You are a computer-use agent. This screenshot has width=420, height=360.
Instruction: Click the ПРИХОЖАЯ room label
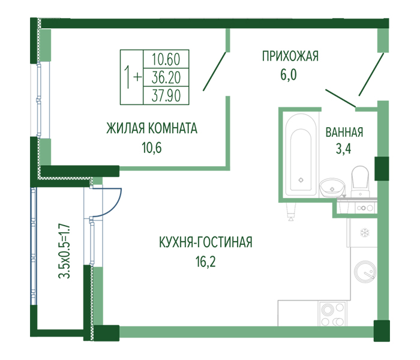point(290,56)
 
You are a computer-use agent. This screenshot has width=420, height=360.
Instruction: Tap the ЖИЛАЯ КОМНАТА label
point(152,128)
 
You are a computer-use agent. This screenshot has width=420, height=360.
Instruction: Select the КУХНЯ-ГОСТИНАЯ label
point(206,242)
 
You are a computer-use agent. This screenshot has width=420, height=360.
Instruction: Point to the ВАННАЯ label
point(344,133)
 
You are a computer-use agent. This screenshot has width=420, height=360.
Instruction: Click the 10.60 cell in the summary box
point(166,59)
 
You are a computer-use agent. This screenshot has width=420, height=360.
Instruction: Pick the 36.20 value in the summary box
point(166,77)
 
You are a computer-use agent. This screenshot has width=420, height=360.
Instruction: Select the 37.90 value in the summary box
point(166,95)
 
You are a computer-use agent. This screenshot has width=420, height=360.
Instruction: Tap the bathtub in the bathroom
point(301,155)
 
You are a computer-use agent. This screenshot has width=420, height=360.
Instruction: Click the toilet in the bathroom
point(360,181)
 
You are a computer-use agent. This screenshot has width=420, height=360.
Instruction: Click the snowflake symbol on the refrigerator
point(364,233)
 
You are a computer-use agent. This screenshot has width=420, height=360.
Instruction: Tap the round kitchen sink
point(365,272)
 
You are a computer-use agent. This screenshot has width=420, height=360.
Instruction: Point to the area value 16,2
point(205,262)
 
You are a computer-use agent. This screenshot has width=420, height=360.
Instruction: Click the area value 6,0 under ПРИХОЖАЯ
point(289,74)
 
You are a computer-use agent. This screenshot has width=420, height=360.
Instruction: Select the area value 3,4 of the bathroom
point(344,149)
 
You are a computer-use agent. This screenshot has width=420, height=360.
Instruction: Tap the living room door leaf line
point(215,71)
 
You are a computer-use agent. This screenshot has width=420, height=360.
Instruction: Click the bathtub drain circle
point(301,180)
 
